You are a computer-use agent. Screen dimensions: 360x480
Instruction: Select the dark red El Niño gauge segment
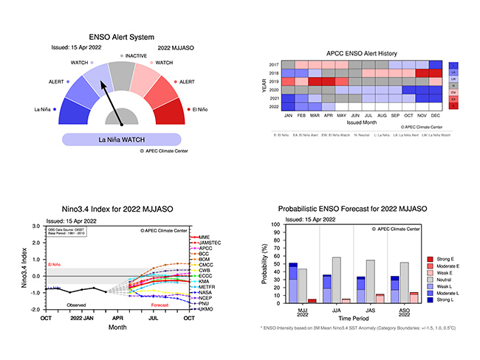point(170,111)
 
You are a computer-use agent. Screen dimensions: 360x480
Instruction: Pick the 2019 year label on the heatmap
point(274,81)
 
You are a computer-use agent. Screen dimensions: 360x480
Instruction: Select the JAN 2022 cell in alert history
point(288,106)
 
